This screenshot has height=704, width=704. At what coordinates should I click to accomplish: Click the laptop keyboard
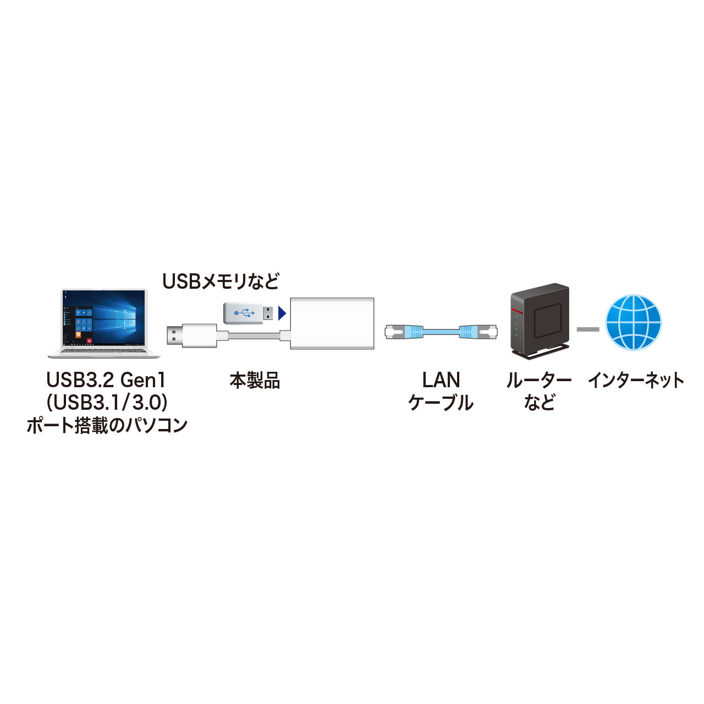tap(103, 350)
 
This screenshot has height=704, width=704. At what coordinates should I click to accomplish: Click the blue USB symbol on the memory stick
tap(244, 313)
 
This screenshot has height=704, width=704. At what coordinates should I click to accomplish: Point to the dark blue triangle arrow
tap(282, 313)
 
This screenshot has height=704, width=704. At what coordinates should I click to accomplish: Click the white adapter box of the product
tap(332, 323)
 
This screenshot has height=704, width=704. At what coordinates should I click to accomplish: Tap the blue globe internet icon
tap(633, 322)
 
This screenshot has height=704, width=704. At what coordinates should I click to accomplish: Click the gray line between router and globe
tap(588, 329)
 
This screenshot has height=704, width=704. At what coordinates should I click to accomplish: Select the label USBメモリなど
tap(221, 282)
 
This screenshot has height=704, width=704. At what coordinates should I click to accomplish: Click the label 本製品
tap(255, 381)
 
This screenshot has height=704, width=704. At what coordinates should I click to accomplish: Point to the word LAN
tap(441, 380)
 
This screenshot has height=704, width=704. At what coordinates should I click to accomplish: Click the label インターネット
tap(636, 380)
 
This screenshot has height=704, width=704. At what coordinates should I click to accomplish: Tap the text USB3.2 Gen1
tap(106, 380)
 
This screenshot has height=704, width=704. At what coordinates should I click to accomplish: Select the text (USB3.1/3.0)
tap(107, 403)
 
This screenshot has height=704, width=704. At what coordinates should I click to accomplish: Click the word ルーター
tap(538, 380)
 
